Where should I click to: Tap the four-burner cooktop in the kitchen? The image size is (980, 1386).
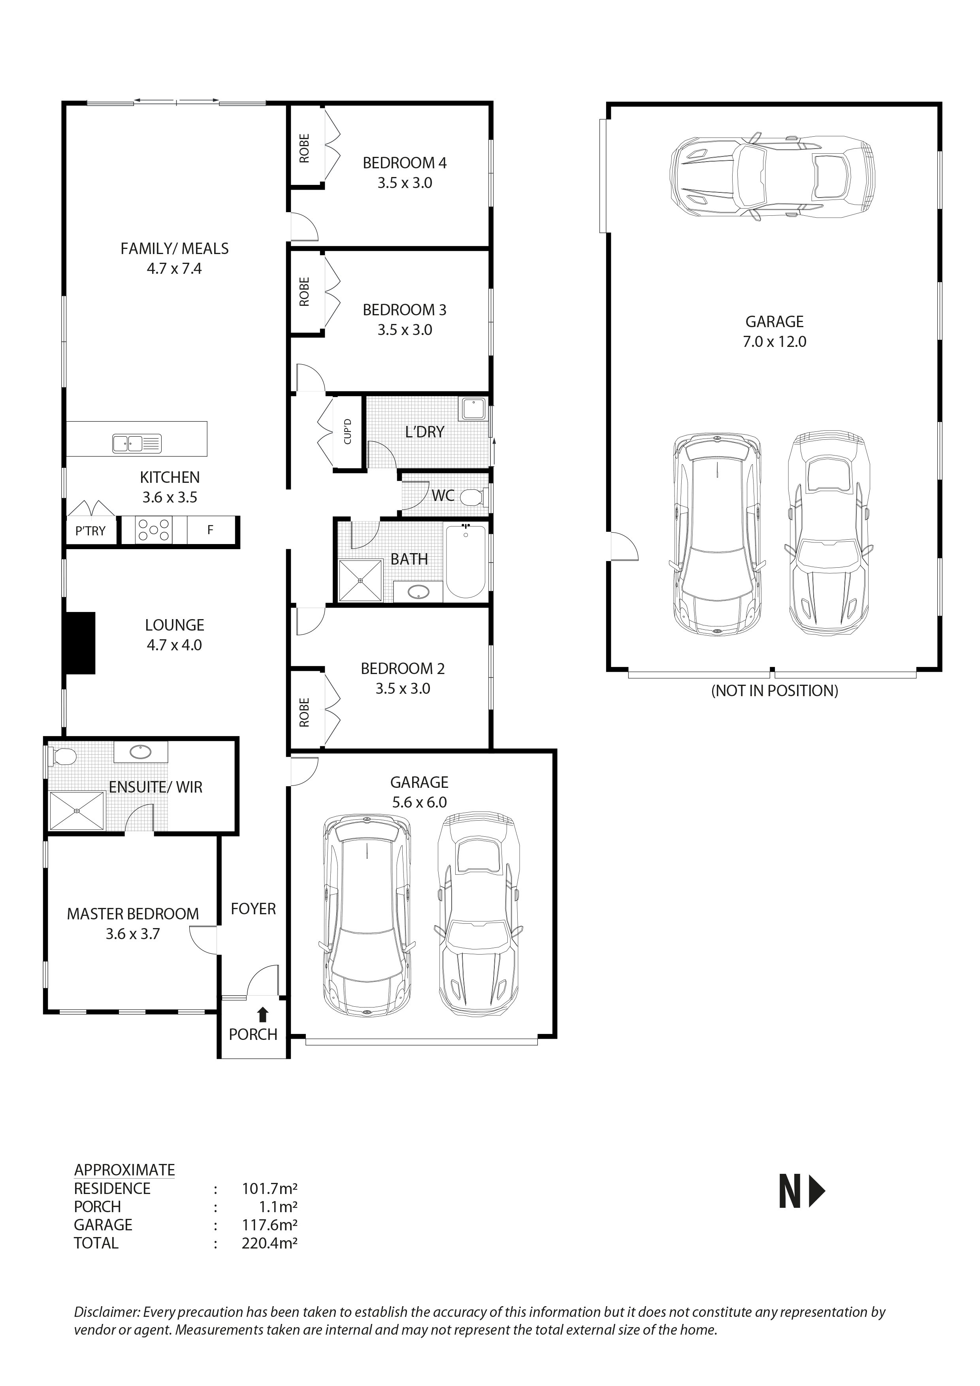pos(153,530)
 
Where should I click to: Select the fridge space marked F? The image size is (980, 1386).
pos(210,530)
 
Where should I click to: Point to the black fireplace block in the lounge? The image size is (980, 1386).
pos(79,643)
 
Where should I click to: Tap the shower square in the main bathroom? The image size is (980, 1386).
pos(360,581)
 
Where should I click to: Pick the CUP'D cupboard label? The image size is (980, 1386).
pos(347,431)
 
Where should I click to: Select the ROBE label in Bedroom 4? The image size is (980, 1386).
pos(304,149)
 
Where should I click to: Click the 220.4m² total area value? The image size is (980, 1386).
pos(269,1243)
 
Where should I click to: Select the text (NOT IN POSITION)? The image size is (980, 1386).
pos(774,691)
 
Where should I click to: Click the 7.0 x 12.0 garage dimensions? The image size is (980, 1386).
pos(774,342)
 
